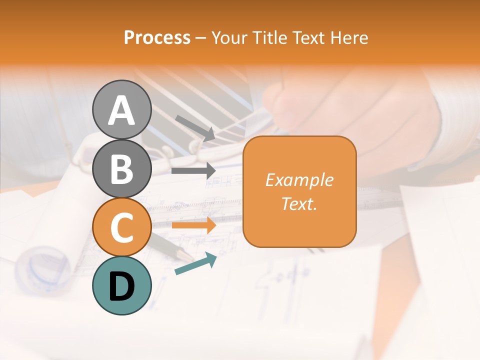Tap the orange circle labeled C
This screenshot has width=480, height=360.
121,227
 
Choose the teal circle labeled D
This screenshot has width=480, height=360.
121,285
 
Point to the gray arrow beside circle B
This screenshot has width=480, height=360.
193,170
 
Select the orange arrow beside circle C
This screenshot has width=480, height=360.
193,225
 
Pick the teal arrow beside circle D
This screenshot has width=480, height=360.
195,263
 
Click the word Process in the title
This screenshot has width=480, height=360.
157,38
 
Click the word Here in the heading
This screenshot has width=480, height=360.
350,38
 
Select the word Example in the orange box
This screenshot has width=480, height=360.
299,180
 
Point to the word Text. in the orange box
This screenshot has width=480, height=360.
299,203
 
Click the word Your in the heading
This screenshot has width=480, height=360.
229,38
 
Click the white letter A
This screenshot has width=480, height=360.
121,110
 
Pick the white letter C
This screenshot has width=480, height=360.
121,228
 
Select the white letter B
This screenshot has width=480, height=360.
121,169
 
